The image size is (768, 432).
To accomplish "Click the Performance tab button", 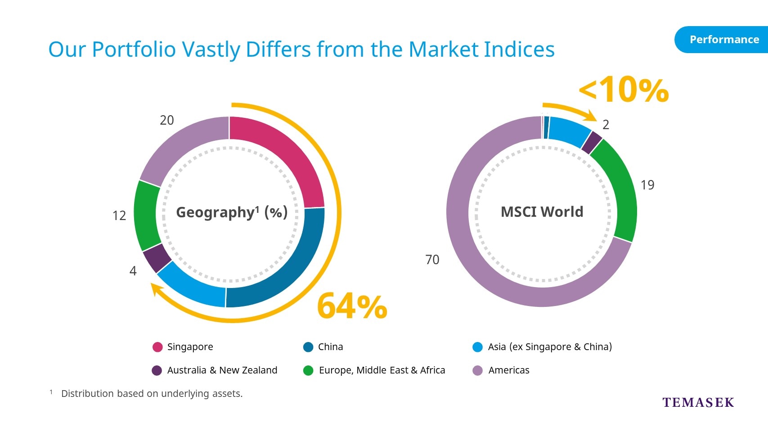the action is (x=722, y=40).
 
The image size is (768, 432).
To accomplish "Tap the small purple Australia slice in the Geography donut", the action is (x=157, y=258).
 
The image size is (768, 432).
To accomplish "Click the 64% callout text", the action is (x=352, y=306).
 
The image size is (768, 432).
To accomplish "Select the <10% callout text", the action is (x=624, y=90).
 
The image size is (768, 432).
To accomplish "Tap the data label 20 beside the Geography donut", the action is (x=167, y=120).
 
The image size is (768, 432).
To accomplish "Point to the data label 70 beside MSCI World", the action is (x=432, y=260).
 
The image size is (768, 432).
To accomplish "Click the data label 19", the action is (x=648, y=185).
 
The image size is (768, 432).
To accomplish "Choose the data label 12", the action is (x=119, y=216).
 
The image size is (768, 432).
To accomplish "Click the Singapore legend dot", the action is (x=157, y=347).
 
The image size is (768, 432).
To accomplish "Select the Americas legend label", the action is (x=509, y=370).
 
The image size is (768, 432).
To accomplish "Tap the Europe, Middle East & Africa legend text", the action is (x=382, y=370).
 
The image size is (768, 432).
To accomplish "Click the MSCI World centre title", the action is (x=542, y=211).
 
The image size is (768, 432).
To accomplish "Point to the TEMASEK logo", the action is (x=698, y=402).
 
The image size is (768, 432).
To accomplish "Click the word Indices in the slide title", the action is (x=519, y=49).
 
